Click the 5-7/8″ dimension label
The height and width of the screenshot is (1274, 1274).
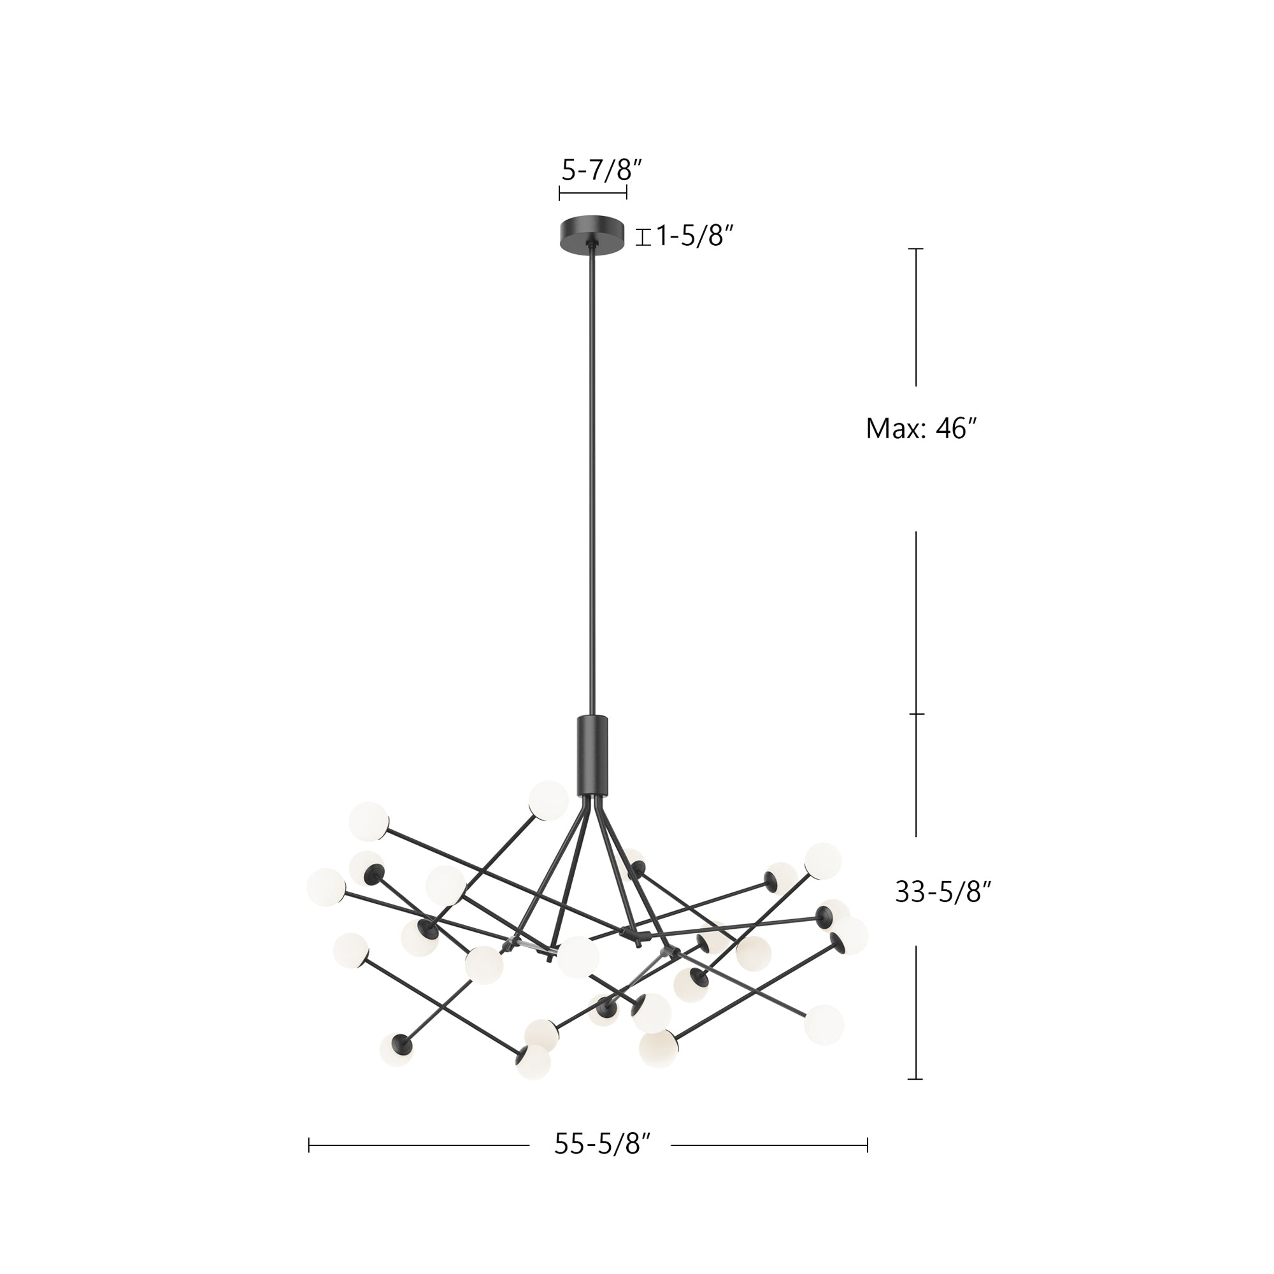pos(601,171)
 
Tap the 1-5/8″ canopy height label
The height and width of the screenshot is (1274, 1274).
pos(694,236)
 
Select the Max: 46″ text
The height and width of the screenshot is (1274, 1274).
pos(920,429)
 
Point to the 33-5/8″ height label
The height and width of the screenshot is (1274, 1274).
pos(943,893)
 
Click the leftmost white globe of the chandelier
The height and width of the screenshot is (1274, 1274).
pos(326,886)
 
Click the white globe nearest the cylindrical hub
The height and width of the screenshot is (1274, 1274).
pos(548,801)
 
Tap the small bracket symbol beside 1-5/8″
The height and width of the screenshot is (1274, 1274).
pos(643,236)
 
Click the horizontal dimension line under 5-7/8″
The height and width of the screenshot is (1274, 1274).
pos(592,193)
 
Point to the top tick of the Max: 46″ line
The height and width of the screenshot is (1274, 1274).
pos(915,248)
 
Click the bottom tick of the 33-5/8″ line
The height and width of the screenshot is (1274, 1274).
pos(915,1079)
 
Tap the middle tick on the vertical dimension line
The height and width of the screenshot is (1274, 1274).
pos(916,714)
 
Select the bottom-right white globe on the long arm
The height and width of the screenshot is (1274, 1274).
pos(824,1024)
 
